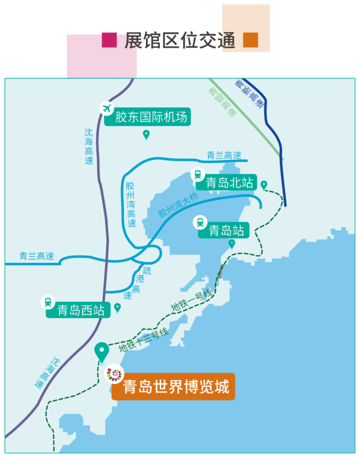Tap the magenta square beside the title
click(101, 56)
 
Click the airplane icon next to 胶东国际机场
click(107, 107)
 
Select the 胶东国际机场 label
click(151, 117)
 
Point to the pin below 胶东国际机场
click(147, 134)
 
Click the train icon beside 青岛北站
click(198, 174)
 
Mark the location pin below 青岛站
click(232, 244)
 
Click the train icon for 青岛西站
click(48, 302)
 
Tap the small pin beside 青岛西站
click(117, 307)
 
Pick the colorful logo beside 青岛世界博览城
click(115, 374)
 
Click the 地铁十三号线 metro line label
click(143, 340)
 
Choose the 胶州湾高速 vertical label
click(130, 204)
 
